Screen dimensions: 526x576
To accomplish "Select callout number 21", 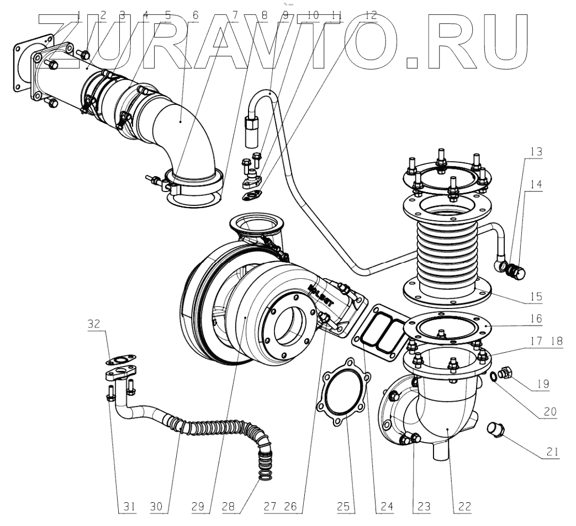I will pos(552,450).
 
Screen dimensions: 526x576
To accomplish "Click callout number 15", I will pos(535,296).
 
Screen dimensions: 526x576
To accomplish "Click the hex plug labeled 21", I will pos(495,428).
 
